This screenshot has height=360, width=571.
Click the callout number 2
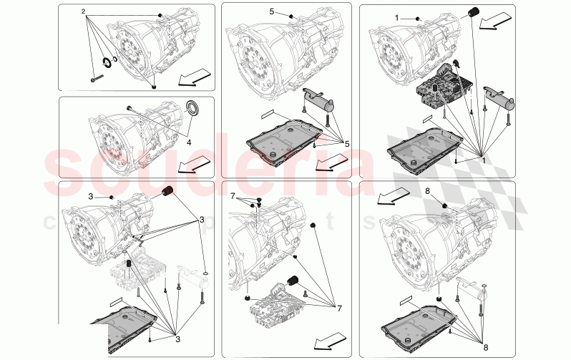[x=83, y=12]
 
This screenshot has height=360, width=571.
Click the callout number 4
[x=189, y=142]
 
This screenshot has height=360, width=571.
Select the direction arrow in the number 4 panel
[x=190, y=166]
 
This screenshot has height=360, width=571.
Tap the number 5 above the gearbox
[x=271, y=12]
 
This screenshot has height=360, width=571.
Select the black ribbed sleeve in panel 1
[x=473, y=11]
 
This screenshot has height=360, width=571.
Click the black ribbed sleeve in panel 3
[x=170, y=192]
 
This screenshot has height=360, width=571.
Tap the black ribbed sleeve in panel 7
[x=291, y=279]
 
